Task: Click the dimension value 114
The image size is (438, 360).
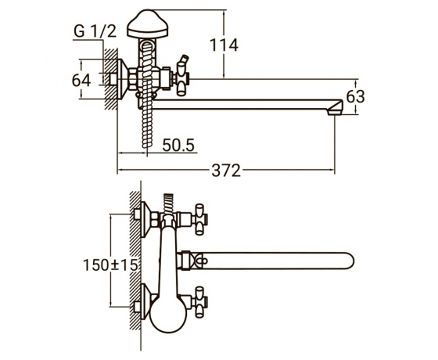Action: (x=224, y=45)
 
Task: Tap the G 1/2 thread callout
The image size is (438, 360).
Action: (x=95, y=31)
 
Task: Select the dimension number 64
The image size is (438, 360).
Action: (x=81, y=80)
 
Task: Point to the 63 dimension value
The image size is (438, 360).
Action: (x=355, y=97)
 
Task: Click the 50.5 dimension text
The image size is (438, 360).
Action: (x=178, y=145)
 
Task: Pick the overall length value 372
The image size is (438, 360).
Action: (x=226, y=171)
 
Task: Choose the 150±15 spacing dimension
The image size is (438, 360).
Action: (x=110, y=265)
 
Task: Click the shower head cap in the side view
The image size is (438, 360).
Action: (x=148, y=24)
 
